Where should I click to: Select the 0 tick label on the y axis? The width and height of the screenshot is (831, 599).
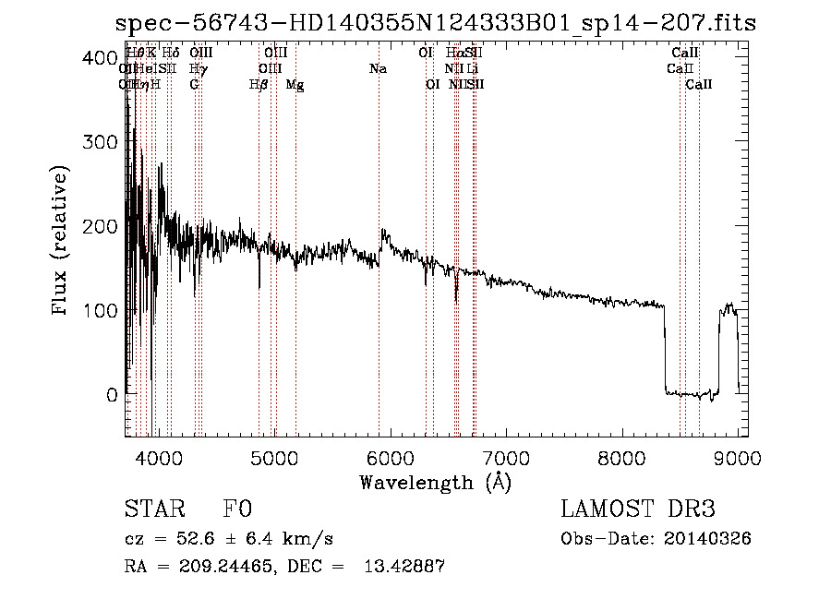(110, 394)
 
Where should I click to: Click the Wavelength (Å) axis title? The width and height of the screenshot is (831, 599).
(436, 482)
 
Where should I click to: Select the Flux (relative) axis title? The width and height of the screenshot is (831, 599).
(61, 242)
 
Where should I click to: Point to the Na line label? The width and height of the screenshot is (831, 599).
(378, 68)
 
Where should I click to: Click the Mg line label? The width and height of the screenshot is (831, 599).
(295, 85)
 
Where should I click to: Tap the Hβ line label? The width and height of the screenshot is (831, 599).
(259, 85)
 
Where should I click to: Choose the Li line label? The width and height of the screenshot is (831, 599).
(472, 68)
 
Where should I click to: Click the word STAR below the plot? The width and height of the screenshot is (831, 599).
(154, 509)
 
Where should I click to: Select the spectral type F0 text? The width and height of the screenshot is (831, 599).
(237, 509)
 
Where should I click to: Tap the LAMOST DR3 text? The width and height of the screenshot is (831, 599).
(638, 509)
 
